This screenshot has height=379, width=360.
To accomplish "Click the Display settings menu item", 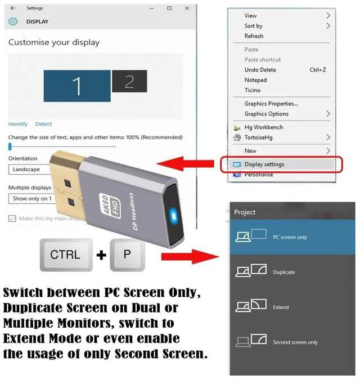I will [264, 164].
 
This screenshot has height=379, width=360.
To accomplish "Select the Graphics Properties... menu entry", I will [271, 104].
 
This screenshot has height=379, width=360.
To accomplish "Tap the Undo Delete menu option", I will [260, 70].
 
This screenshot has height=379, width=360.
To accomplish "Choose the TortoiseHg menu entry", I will [259, 137].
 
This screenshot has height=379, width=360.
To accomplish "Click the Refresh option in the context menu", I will [254, 36].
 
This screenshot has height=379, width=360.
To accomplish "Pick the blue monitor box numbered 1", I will [76, 86].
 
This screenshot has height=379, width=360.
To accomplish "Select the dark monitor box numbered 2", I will [129, 82].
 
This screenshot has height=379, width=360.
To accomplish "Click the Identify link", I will [18, 124].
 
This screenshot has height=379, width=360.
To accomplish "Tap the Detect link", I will [43, 124].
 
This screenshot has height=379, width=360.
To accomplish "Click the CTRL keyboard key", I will [65, 255].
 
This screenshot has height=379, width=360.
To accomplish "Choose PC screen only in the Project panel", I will [290, 237].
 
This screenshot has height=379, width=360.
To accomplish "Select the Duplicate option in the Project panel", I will [283, 272].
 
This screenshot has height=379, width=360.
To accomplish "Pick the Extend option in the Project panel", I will [281, 307].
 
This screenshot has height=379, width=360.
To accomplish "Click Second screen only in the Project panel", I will [295, 342].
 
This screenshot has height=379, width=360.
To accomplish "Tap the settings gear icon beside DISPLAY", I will [13, 22].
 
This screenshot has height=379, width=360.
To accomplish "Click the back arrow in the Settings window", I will [13, 8].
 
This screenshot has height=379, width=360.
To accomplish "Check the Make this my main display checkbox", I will [12, 219].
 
